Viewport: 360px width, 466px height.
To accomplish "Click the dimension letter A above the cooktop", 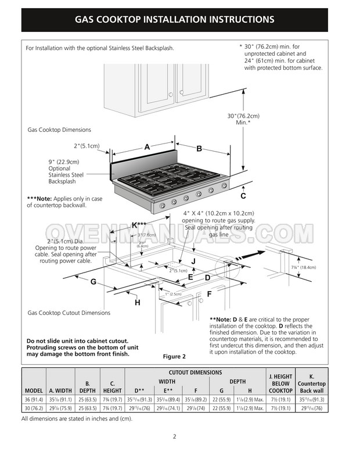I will coord(147,148).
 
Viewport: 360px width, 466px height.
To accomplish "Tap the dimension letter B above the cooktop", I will coord(199,149).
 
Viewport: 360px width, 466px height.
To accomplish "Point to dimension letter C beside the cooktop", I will coord(243,195).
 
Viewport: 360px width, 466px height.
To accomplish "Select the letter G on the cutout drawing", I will coord(92,282).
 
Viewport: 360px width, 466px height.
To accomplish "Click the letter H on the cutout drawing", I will coord(138,302).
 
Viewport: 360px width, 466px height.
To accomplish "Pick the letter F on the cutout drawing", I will coord(209,294).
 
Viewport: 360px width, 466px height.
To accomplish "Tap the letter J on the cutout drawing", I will coord(193,262).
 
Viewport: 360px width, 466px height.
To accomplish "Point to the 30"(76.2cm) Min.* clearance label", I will coord(243,119).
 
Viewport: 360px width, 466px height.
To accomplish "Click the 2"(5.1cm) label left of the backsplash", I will coord(87,145).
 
